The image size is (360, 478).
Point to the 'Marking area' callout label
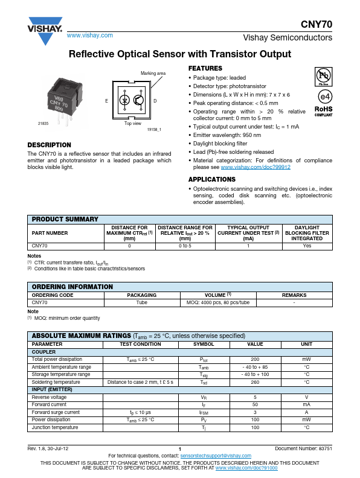coord(153,73)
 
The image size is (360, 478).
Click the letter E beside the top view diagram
coord(107,100)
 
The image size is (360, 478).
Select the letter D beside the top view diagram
coord(155,100)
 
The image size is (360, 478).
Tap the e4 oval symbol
coord(324,96)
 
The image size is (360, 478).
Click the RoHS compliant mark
coord(324,110)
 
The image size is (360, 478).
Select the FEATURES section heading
coord(205,68)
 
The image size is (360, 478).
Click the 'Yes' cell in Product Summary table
coord(307,246)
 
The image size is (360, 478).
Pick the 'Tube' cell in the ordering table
coord(141,302)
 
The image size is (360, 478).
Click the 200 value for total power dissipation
coord(255,359)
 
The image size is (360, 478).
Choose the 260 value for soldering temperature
coord(255,382)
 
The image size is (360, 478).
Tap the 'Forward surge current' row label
coord(56,412)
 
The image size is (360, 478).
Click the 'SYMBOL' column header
coord(203,344)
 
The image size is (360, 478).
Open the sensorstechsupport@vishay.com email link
coord(215,455)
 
